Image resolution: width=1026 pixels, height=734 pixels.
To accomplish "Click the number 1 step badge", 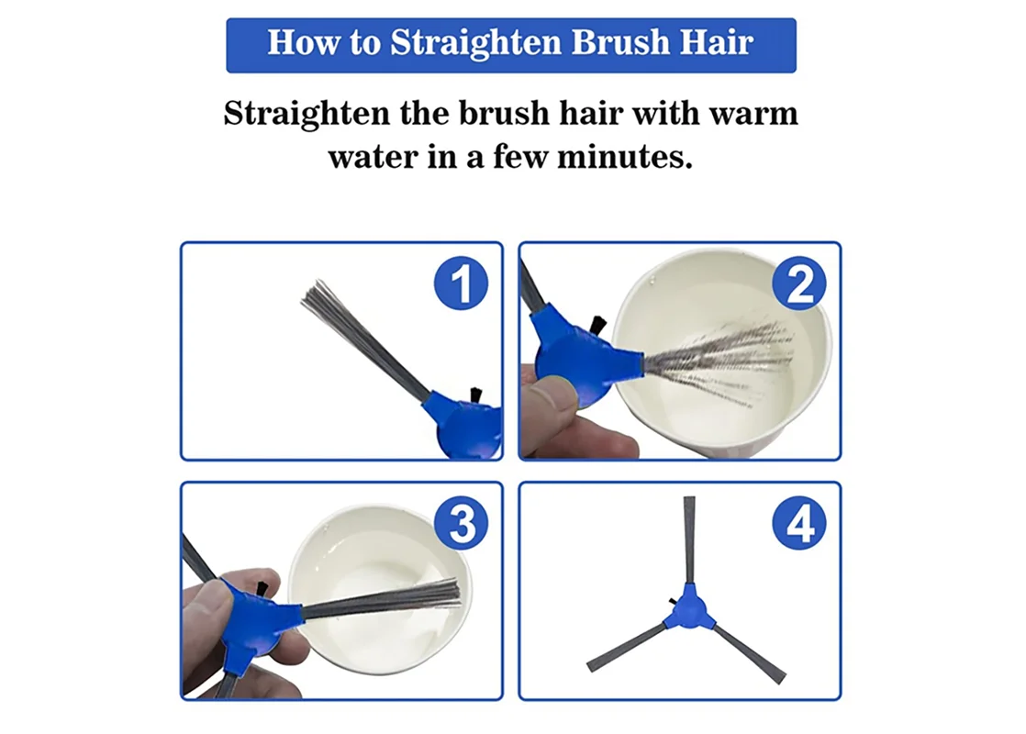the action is (462, 283).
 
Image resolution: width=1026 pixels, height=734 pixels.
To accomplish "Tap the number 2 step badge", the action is (799, 283).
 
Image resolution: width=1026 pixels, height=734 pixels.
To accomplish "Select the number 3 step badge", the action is (462, 523).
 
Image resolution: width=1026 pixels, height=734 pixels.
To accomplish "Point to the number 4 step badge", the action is (799, 523).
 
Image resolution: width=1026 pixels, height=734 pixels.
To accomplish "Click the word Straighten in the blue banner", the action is (476, 43).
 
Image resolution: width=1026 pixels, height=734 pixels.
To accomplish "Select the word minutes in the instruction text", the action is (624, 157).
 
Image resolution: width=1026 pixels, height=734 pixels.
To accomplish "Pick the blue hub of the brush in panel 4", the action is (686, 608).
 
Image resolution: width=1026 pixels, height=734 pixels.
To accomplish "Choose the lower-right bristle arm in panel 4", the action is (748, 653).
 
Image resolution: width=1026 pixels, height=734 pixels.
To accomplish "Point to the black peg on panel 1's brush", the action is (475, 395).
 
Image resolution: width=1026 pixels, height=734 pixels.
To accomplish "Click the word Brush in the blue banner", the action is (620, 42).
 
